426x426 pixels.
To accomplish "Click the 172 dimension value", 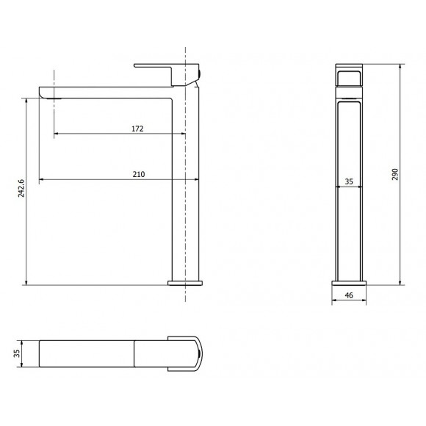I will (x=137, y=129).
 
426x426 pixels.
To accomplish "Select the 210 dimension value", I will (x=139, y=174).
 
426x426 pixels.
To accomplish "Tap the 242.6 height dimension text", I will (x=21, y=189).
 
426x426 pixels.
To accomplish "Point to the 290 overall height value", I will (x=394, y=174).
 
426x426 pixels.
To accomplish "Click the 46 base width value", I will (x=350, y=296).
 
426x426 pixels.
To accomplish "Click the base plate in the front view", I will (x=350, y=282).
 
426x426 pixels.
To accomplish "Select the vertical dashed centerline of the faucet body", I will (x=186, y=220).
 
